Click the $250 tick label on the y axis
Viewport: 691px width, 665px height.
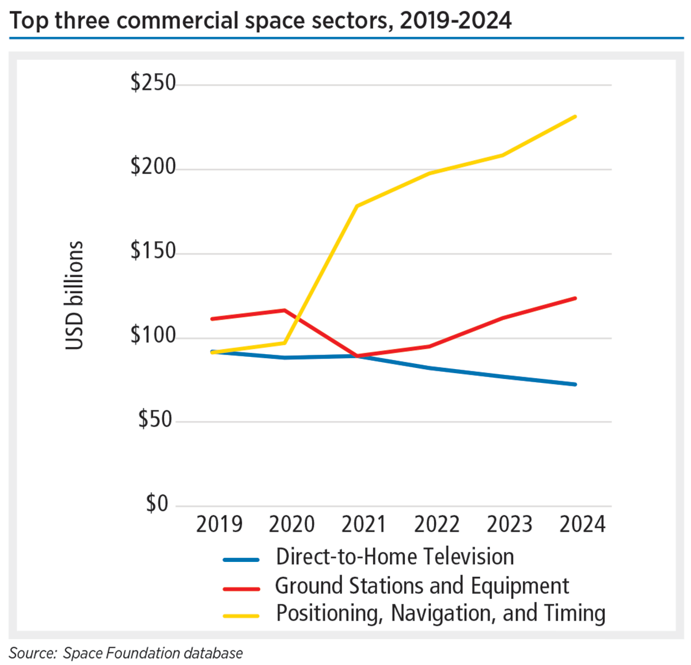[153, 83]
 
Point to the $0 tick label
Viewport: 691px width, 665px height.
[157, 504]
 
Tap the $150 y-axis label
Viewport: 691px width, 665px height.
[153, 252]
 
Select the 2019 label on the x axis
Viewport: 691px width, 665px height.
[219, 525]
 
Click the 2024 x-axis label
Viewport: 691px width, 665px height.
[582, 525]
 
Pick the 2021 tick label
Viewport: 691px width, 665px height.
[364, 525]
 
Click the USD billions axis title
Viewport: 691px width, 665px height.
[74, 295]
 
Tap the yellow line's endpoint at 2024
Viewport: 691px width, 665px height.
[575, 117]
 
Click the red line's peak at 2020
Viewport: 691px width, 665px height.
[284, 310]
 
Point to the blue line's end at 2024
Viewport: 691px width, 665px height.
[575, 384]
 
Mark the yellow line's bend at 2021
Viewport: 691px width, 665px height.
[357, 206]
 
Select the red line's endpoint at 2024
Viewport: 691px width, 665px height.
[575, 298]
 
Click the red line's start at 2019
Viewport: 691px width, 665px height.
[212, 318]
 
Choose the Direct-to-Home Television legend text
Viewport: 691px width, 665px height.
[394, 557]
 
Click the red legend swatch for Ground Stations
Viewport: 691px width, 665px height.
[241, 587]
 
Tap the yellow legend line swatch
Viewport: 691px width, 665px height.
[241, 615]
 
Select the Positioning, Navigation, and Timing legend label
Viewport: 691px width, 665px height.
[441, 613]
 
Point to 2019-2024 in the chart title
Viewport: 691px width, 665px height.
[455, 21]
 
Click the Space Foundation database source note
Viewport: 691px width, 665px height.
[153, 653]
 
